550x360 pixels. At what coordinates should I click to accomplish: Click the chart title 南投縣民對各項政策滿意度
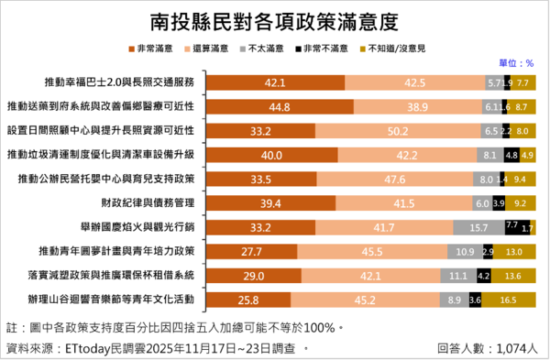click(x=273, y=19)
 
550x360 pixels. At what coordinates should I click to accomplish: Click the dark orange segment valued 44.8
click(x=280, y=106)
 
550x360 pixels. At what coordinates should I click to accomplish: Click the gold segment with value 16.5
click(x=510, y=297)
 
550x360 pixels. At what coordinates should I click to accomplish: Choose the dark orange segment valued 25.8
click(x=249, y=297)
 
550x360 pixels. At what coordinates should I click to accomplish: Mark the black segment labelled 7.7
click(x=512, y=225)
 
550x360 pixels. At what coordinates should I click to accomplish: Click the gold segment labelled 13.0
click(x=515, y=249)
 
